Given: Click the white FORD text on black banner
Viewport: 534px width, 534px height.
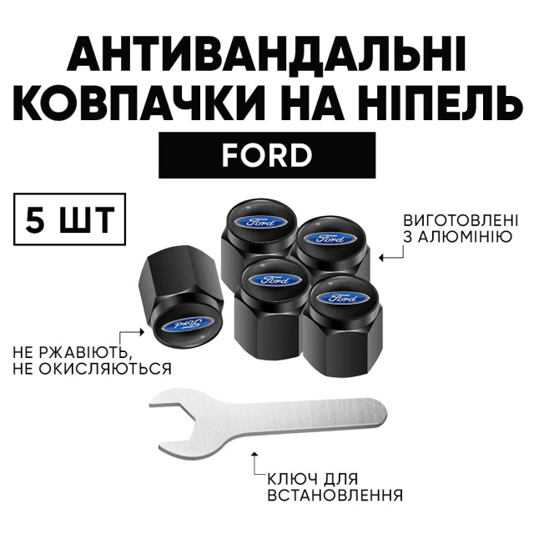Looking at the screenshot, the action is click(267, 156).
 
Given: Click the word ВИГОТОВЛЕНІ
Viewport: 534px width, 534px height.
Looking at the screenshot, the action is click(461, 220).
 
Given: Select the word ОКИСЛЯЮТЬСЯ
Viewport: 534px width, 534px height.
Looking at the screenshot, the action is click(106, 369).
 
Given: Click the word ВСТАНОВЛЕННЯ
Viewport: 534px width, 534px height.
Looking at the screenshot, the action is click(335, 495).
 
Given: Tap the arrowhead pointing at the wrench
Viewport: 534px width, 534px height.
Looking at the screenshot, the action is click(254, 456).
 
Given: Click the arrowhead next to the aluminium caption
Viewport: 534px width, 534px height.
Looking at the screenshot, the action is click(382, 258).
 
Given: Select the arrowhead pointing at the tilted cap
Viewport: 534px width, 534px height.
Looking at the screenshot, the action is click(143, 330).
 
